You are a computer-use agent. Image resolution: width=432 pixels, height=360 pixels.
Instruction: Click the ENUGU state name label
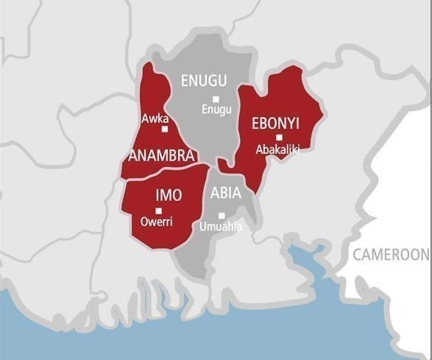tap(204, 81)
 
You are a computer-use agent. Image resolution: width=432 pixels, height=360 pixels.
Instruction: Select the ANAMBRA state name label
tap(161, 156)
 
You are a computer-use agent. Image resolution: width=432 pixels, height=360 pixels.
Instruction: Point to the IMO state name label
tap(169, 195)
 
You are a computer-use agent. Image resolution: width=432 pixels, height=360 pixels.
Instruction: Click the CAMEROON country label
tap(389, 255)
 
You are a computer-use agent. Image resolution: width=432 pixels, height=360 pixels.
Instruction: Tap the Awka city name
tap(155, 117)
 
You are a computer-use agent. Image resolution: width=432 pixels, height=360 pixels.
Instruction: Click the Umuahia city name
tap(220, 226)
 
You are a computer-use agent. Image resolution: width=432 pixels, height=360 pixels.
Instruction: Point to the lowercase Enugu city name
tap(216, 110)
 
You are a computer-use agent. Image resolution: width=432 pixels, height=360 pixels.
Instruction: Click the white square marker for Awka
tap(165, 129)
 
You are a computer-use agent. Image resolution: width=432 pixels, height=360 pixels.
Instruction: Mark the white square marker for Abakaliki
tap(279, 138)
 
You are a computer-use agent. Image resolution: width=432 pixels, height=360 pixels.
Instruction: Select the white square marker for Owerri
tap(158, 211)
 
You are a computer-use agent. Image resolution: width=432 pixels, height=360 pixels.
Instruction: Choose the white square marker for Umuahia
tap(221, 215)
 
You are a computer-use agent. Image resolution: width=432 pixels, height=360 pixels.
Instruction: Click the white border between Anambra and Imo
tap(166, 172)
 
